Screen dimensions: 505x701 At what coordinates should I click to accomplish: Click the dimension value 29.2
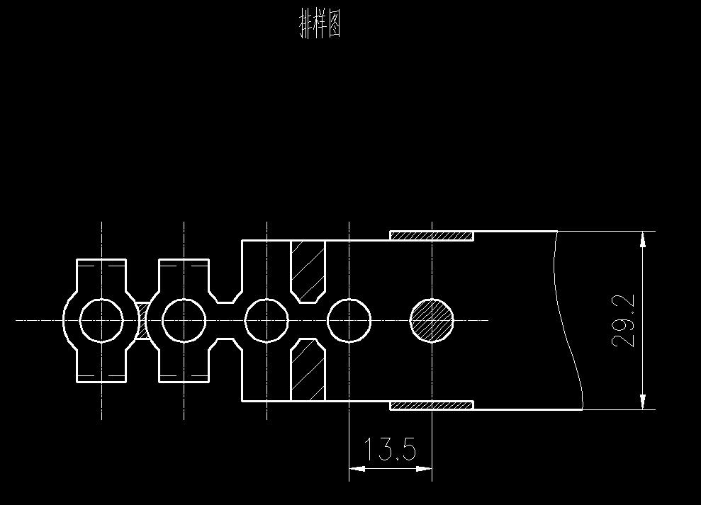623,321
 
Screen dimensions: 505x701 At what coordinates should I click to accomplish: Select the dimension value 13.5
389,449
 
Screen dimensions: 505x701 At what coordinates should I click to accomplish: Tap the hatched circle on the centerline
432,320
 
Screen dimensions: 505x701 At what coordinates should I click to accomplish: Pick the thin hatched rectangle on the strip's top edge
432,235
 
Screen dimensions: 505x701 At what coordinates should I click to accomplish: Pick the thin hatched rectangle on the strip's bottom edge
432,406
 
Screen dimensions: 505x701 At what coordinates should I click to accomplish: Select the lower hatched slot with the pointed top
308,370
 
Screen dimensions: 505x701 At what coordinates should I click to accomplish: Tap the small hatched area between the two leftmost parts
142,320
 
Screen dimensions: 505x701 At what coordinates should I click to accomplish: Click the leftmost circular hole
101,320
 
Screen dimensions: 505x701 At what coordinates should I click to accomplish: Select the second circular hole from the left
184,320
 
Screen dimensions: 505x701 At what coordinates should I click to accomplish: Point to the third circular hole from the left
267,320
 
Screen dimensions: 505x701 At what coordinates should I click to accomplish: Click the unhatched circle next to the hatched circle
349,320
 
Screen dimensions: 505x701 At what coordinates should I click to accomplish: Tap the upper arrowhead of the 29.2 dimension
643,239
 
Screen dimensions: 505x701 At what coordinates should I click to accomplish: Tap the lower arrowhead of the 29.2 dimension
643,401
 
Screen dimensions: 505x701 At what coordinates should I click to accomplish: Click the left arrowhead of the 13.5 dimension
357,468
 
